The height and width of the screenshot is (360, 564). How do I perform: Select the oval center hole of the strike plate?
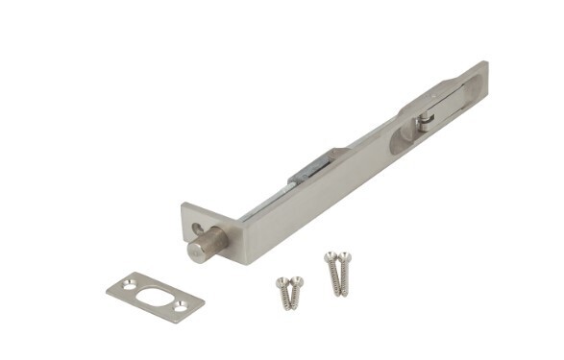click(154, 297)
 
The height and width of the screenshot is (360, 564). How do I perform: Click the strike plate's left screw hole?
click(126, 285)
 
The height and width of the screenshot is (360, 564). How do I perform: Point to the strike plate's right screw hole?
click(180, 306)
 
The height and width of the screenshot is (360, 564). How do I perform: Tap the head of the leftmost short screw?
click(282, 282)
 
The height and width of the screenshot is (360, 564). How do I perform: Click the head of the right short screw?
click(297, 281)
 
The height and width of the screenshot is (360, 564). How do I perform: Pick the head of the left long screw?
click(331, 256)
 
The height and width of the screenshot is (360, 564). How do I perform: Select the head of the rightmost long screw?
click(345, 256)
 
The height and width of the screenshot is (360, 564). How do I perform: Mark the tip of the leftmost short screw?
click(286, 307)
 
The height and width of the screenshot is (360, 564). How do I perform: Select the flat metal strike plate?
click(154, 297)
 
